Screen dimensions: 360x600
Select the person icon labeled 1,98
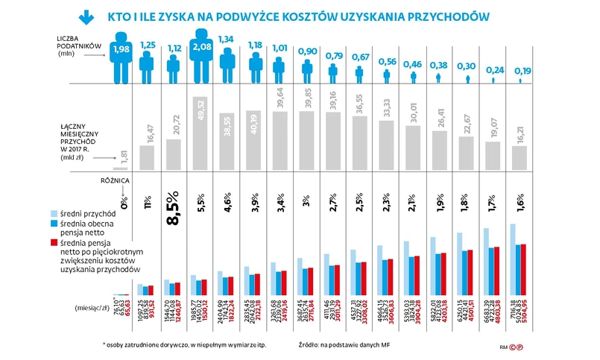coord(120,56)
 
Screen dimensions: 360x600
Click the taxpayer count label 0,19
coord(520,71)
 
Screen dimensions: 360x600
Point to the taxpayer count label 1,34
coord(228,40)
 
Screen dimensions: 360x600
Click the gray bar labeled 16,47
coord(148,157)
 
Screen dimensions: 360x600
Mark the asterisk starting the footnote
coord(104,345)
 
